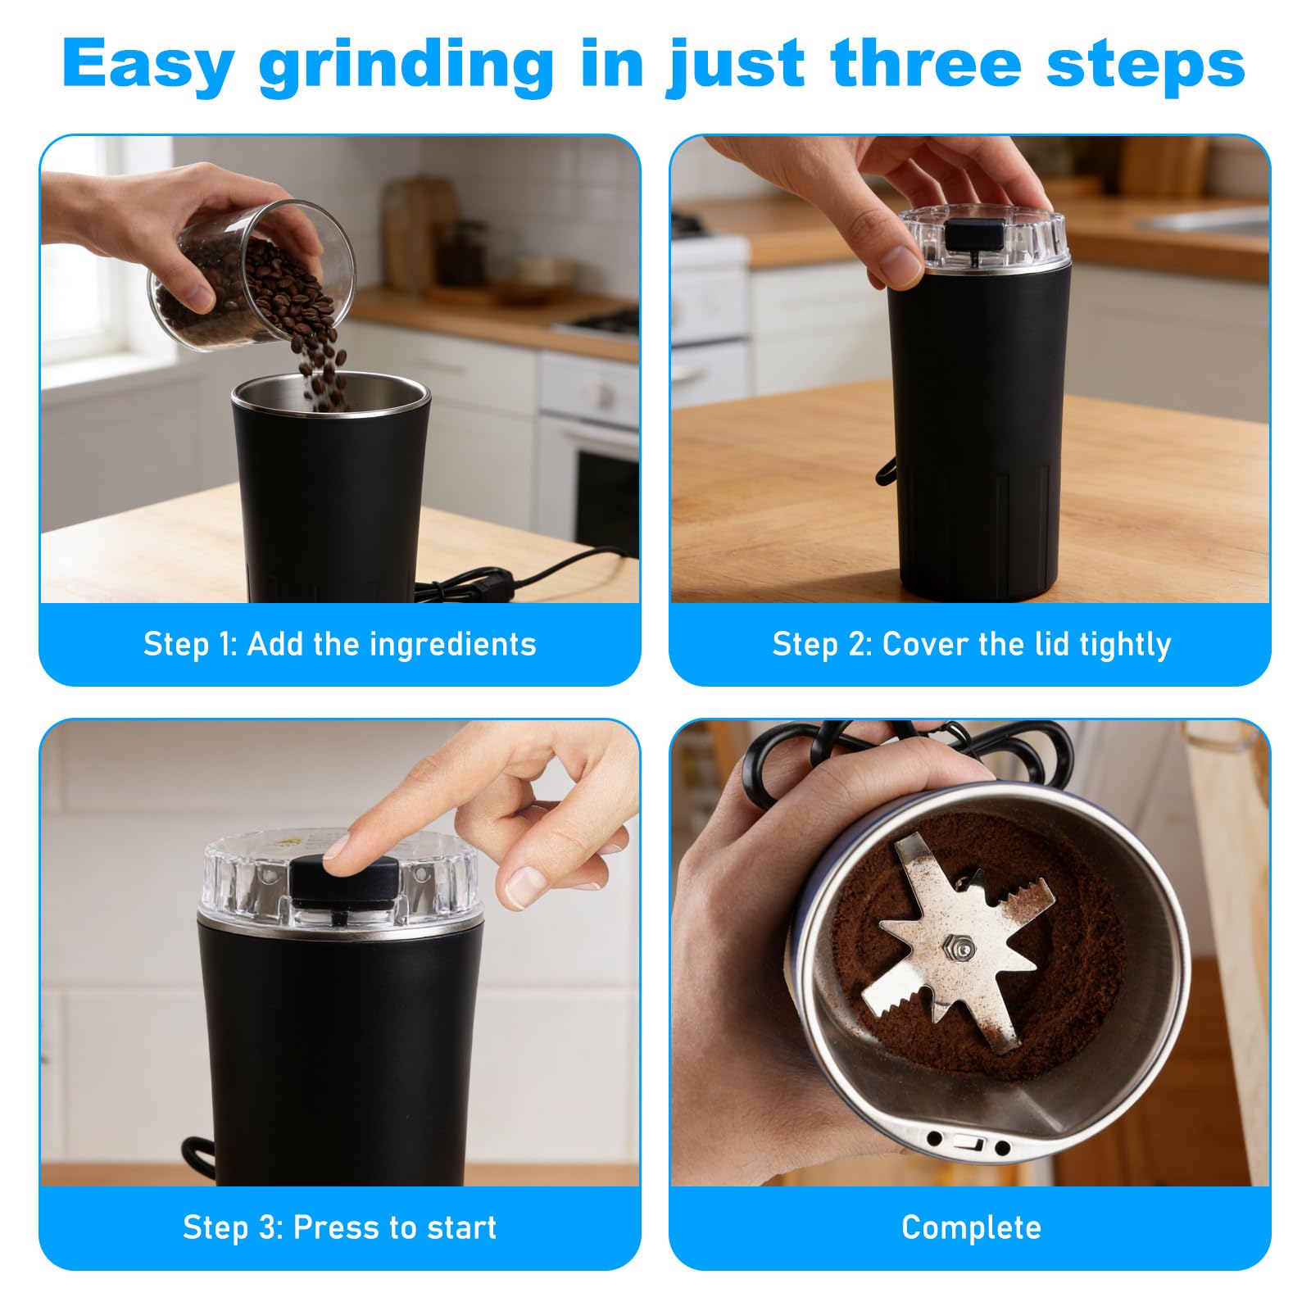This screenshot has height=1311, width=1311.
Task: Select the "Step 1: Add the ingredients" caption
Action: tap(339, 644)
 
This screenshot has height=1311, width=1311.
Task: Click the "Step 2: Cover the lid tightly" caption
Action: tap(972, 645)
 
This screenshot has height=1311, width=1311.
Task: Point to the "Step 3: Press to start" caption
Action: tap(339, 1227)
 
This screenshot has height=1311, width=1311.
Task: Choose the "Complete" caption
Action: tap(971, 1227)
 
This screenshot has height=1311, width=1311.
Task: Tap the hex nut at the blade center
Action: tap(958, 948)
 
